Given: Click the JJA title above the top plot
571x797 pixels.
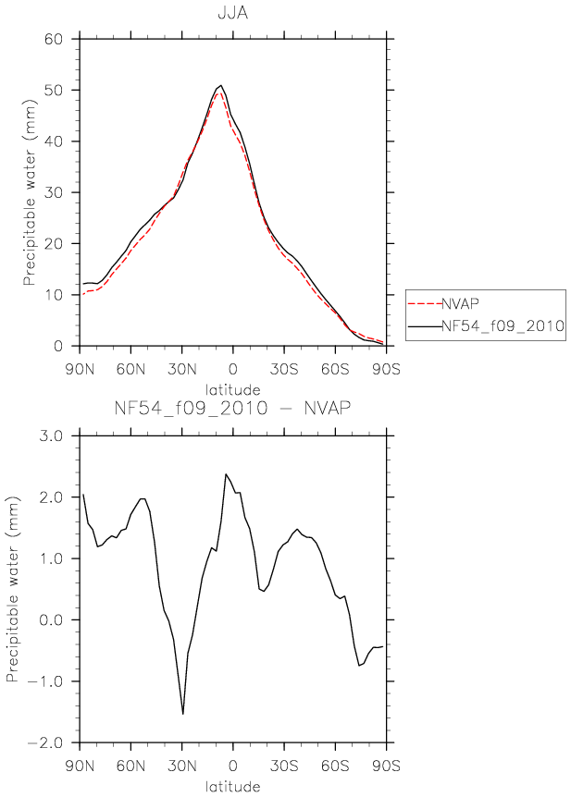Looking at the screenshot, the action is click(232, 13).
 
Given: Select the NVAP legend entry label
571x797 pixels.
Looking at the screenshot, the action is click(460, 303).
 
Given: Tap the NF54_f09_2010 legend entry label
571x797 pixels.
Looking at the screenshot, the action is click(503, 325).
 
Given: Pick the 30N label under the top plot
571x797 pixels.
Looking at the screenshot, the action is click(182, 369).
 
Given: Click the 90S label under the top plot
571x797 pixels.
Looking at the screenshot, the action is click(386, 369).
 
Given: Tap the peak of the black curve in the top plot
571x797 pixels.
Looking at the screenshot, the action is click(221, 85).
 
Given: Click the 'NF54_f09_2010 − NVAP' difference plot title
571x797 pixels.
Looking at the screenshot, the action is click(232, 408).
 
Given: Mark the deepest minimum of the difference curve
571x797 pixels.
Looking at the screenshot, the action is click(182, 714).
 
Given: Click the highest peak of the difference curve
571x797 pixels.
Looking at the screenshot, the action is click(226, 474).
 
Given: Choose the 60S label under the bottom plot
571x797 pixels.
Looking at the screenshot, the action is click(335, 766).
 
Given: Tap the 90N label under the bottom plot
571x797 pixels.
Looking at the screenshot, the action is click(80, 766).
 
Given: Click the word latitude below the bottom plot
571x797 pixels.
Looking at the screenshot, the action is click(232, 787).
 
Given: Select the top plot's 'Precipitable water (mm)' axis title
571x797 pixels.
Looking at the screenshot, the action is click(30, 192).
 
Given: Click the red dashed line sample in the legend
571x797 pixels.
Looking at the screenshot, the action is click(425, 304).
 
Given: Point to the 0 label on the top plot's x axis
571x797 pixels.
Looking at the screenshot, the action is click(232, 369).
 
